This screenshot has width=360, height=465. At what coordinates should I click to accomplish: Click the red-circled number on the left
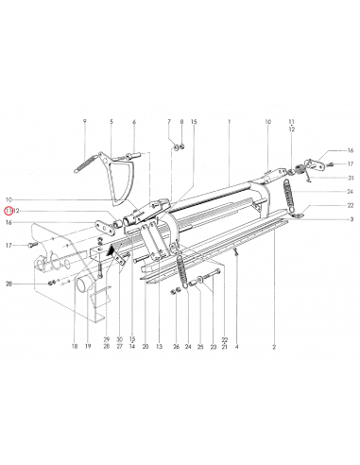(9, 210)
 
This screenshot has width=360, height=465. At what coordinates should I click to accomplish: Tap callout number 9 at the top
(84, 122)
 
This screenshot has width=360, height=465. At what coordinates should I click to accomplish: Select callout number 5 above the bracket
(111, 122)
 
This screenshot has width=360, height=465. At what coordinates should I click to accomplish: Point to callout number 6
(134, 122)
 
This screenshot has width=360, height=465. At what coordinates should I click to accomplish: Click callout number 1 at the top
(230, 122)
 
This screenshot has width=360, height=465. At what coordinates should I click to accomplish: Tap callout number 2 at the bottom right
(273, 350)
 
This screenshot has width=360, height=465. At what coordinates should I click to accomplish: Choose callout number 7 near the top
(169, 122)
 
